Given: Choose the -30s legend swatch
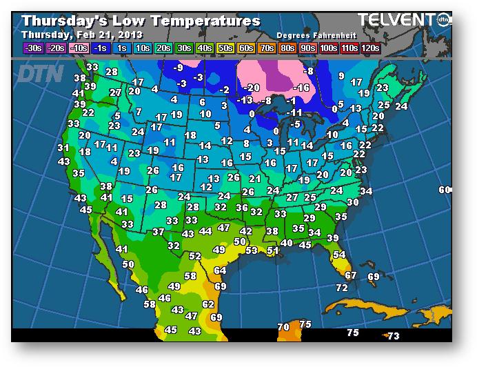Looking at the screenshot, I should pyautogui.click(x=32, y=48).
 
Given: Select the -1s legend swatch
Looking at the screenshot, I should pyautogui.click(x=101, y=48).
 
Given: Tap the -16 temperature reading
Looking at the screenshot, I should pyautogui.click(x=301, y=88).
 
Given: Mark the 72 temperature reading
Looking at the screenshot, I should pyautogui.click(x=342, y=287).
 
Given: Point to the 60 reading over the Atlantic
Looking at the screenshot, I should pyautogui.click(x=445, y=190).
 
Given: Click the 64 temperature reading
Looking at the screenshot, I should pyautogui.click(x=220, y=270).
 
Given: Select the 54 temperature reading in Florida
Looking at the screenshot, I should pyautogui.click(x=338, y=255).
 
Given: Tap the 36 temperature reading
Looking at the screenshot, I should pyautogui.click(x=241, y=208).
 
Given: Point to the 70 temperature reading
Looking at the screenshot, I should pyautogui.click(x=283, y=326).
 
